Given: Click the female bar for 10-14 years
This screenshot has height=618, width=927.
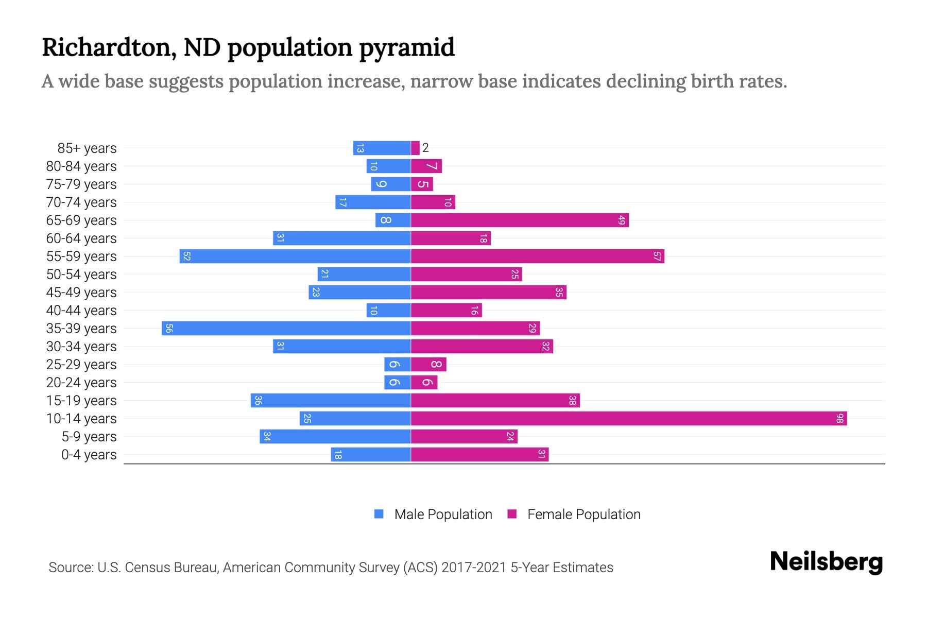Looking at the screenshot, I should [x=628, y=419].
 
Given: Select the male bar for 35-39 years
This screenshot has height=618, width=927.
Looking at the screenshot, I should [x=286, y=329].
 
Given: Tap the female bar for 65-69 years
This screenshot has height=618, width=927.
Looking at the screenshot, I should [x=520, y=220].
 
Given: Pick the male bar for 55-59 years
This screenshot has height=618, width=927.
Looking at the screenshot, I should [x=295, y=256].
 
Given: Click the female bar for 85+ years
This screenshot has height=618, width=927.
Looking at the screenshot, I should [x=415, y=148].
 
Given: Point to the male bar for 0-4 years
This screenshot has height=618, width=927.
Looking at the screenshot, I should [x=371, y=455].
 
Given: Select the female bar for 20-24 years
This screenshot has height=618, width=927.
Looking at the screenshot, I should [x=424, y=383].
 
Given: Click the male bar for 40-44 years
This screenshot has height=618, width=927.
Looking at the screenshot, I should [x=389, y=311].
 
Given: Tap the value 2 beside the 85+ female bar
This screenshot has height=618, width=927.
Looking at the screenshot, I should [x=425, y=148].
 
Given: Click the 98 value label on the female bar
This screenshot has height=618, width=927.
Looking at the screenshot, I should [x=839, y=419].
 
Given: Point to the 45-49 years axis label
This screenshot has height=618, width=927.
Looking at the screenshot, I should [x=81, y=293].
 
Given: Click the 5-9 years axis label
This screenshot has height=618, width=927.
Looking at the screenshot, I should [x=89, y=437].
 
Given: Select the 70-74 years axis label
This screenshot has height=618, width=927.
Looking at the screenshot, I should [x=81, y=202].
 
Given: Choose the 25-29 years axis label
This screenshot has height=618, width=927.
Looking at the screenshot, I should [x=81, y=365].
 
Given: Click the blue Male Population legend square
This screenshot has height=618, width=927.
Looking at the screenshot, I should [x=379, y=514].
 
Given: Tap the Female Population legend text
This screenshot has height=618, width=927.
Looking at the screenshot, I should [x=583, y=514].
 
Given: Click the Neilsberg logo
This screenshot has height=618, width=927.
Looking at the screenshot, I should [x=826, y=562].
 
